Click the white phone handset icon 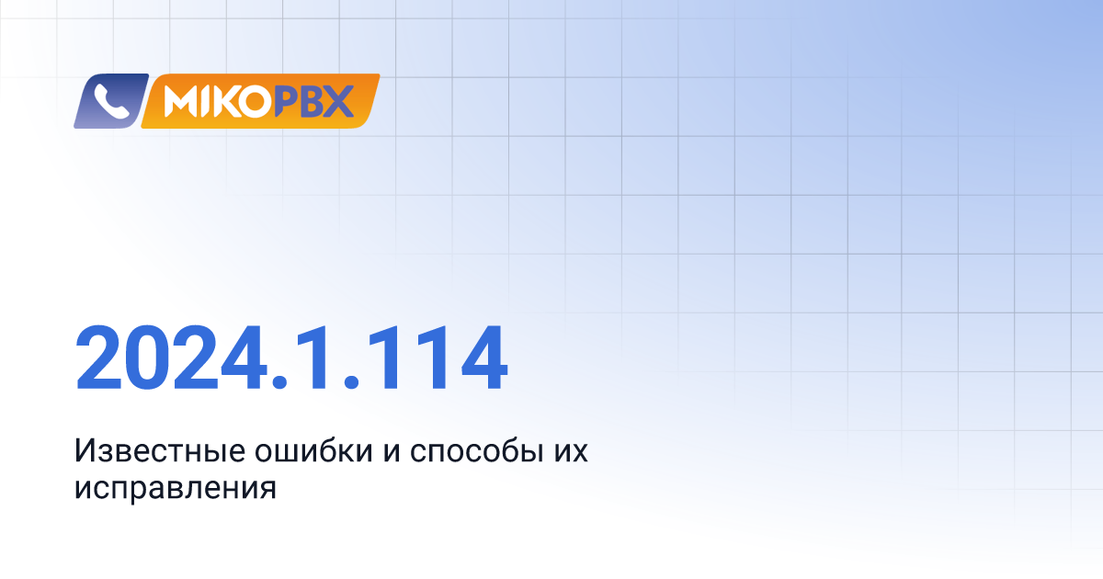pos(111,101)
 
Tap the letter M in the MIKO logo pos(181,102)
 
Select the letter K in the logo pos(225,102)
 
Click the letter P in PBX pos(286,102)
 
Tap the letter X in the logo pos(338,102)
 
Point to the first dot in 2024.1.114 pos(279,381)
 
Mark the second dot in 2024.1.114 pos(351,381)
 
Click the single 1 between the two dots pos(313,358)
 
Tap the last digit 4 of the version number pos(483,358)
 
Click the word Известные pos(160,450)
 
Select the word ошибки pos(313,450)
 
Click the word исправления pos(176,489)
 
